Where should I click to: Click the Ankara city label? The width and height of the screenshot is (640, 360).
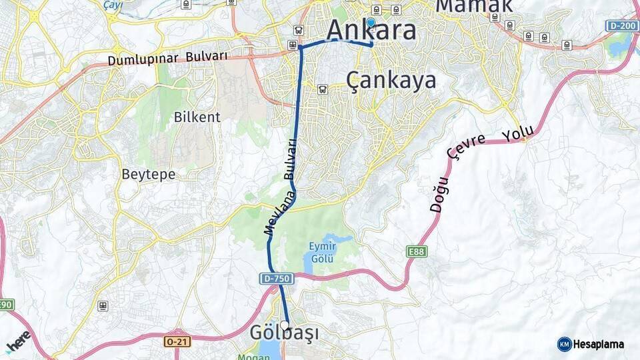click(372, 30)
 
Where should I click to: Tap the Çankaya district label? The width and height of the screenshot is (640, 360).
click(391, 80)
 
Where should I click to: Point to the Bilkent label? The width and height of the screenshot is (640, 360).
click(197, 117)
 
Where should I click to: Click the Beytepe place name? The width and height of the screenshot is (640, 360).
click(148, 175)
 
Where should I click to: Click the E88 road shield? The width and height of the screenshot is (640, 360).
click(417, 251)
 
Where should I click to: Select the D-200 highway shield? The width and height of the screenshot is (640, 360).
click(621, 25)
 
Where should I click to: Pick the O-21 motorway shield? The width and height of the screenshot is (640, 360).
click(173, 341)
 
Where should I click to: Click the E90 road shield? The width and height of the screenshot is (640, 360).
click(5, 305)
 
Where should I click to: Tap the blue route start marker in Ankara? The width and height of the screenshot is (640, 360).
click(371, 22)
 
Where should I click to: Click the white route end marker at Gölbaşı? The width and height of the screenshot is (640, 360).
click(285, 325)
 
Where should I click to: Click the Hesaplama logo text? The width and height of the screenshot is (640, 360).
click(598, 344)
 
